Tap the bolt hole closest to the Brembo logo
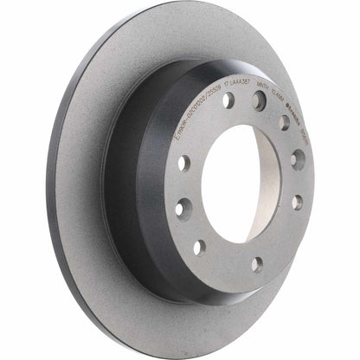[283, 121]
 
